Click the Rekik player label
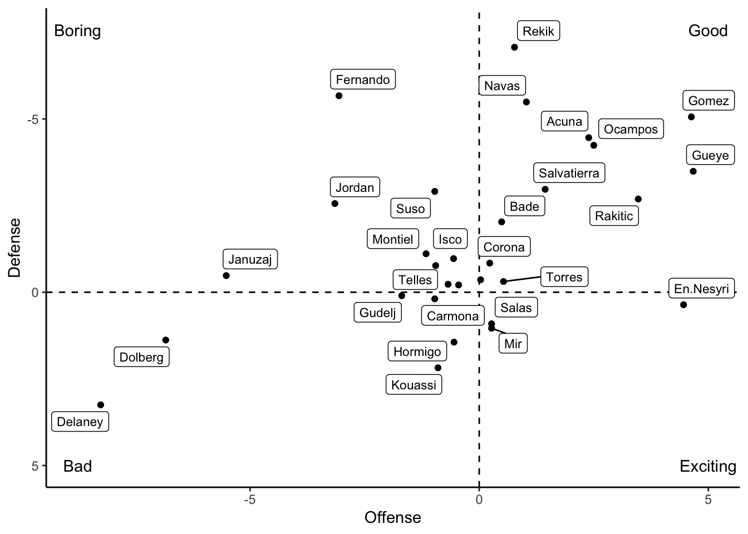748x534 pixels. point(538,31)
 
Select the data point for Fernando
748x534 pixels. point(339,96)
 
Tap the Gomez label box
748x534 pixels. point(708,101)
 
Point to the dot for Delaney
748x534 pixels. point(101,405)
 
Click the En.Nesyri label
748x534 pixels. point(701,289)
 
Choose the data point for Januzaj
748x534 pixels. point(226,275)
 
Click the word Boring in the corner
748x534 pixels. point(77,31)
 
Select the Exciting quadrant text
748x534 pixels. point(707,466)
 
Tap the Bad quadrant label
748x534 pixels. point(77,466)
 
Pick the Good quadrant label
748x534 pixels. point(707,31)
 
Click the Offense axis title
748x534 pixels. point(392,518)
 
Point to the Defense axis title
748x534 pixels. point(14,248)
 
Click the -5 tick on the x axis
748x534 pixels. point(250,500)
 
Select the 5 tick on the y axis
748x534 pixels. point(35,466)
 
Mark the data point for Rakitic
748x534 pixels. point(638,199)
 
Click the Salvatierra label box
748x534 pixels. point(569,173)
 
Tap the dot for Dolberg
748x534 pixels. point(165,340)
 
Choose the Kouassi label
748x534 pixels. point(414,385)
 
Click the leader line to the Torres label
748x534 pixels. point(522,279)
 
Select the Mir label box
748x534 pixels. point(513,344)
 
